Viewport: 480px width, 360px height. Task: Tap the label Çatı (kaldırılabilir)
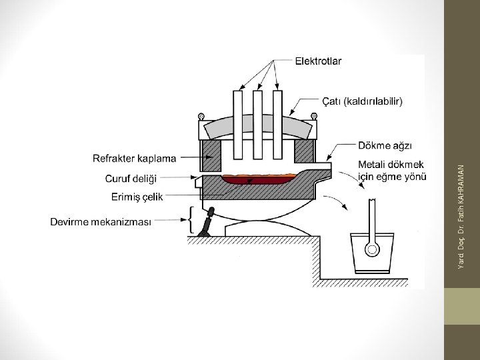pos(363,101)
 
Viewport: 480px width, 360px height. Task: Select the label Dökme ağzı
pos(385,145)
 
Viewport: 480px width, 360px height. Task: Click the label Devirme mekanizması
pos(101,221)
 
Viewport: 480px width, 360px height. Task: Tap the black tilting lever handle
pos(209,221)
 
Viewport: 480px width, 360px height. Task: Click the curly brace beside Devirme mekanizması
pos(191,221)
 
